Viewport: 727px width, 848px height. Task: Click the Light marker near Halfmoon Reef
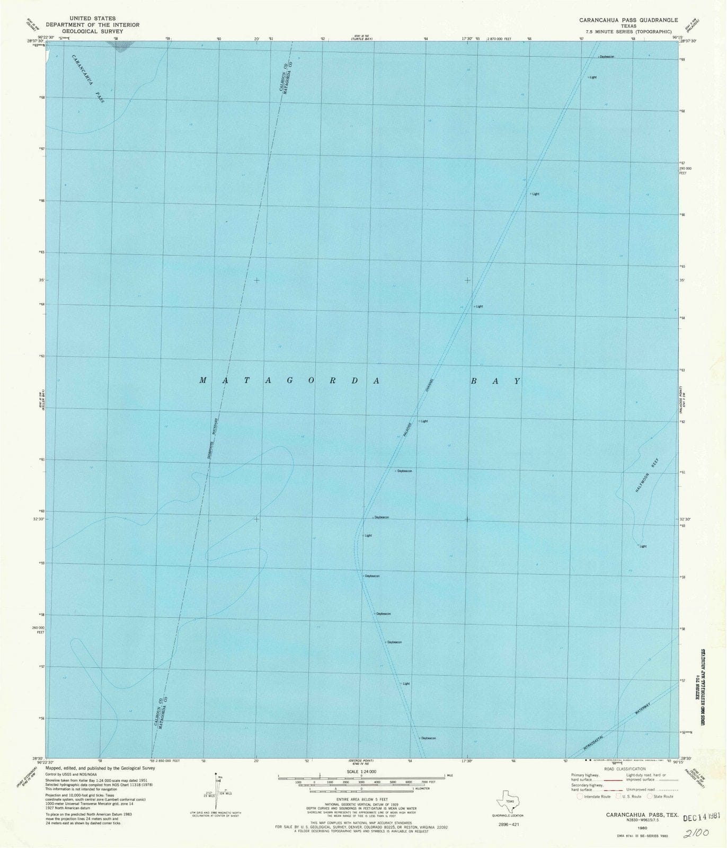[x=642, y=546]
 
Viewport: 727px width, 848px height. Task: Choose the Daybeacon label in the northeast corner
[x=606, y=56]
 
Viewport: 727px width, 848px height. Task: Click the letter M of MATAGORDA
[x=203, y=380]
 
